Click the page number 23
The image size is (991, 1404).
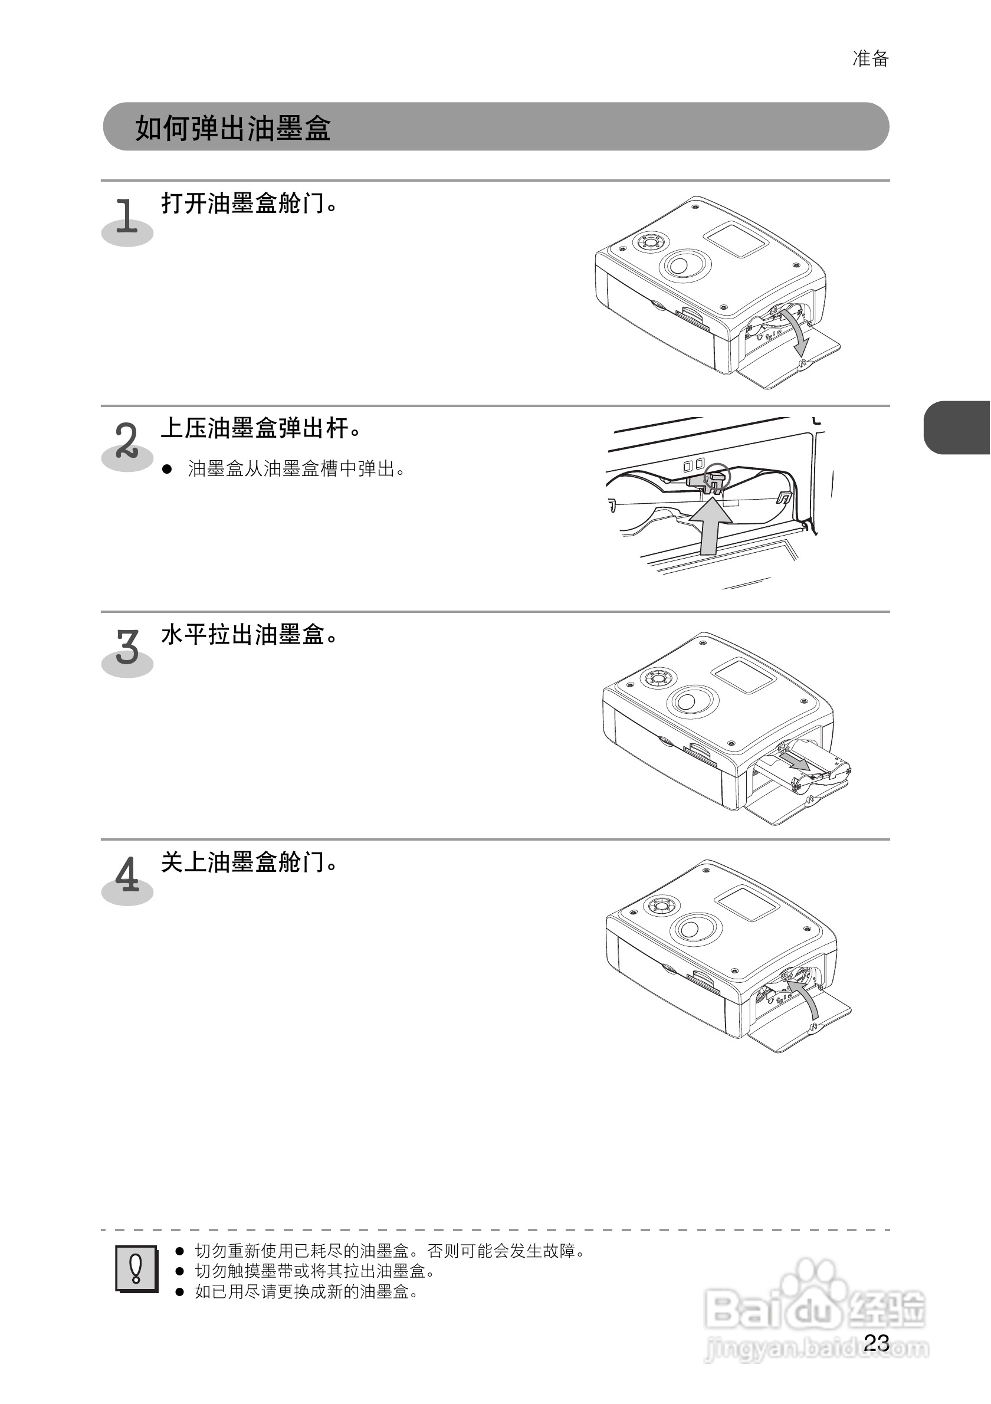(x=876, y=1342)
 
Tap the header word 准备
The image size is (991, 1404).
(x=871, y=59)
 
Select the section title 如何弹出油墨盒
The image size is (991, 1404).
(x=232, y=129)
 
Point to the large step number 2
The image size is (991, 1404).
(x=127, y=440)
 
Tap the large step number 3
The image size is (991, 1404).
(x=127, y=647)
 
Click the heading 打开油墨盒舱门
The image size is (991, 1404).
(x=250, y=203)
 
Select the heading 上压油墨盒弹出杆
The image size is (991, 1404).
(x=261, y=428)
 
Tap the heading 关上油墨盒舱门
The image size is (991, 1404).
(x=250, y=862)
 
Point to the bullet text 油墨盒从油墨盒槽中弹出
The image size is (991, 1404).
(x=297, y=469)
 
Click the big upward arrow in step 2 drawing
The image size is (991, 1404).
(x=710, y=526)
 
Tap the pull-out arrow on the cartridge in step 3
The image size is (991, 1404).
(x=795, y=762)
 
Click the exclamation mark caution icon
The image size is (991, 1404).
(x=136, y=1269)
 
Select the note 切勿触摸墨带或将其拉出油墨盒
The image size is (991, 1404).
(x=315, y=1271)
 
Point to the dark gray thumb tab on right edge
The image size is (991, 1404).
(x=957, y=428)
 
